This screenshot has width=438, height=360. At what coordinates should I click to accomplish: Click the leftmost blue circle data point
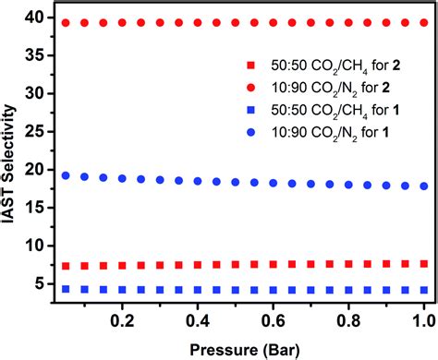coord(66,175)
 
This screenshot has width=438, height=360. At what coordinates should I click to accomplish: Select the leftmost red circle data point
coord(66,22)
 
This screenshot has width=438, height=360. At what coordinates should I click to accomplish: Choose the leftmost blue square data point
coord(66,289)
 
